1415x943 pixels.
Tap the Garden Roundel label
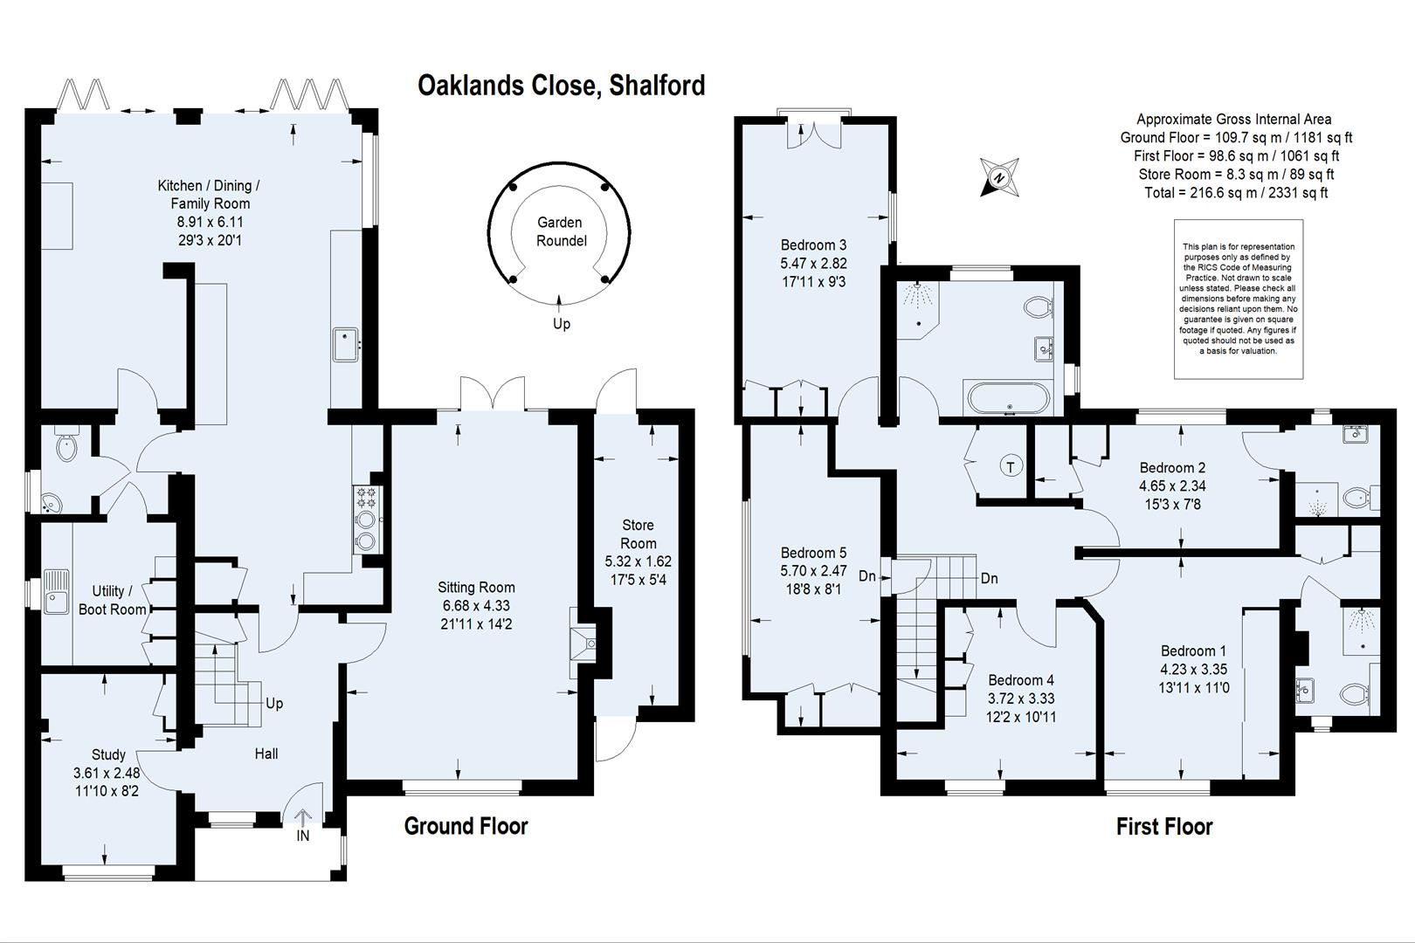[x=560, y=231]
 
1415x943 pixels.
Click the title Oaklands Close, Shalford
[x=561, y=86]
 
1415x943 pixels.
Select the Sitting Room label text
[x=476, y=588]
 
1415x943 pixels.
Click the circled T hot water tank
[x=1011, y=466]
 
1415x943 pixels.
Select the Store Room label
[x=638, y=533]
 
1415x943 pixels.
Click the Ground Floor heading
[x=466, y=825]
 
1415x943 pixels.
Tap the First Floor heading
[x=1163, y=826]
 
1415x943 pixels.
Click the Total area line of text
[x=1235, y=193]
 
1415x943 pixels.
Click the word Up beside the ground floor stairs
[x=274, y=703]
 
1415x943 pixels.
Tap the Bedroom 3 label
[x=813, y=245]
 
